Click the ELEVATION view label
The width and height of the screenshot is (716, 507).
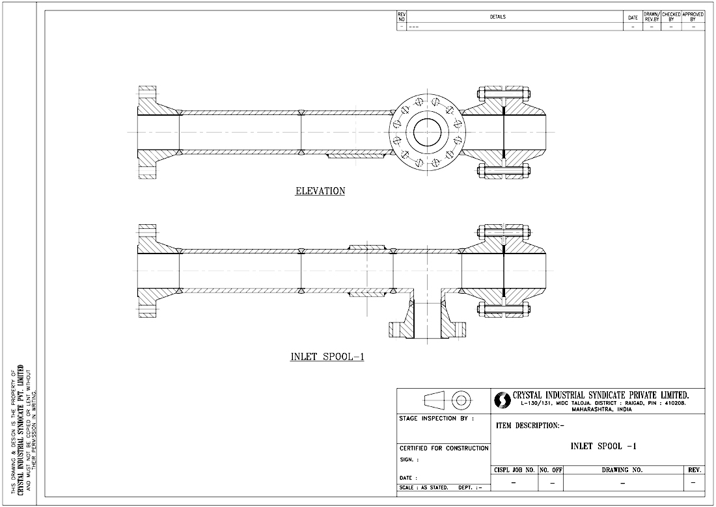click(x=320, y=191)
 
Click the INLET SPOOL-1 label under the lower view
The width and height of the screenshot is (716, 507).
click(x=327, y=356)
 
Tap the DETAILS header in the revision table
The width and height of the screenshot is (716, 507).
click(x=498, y=17)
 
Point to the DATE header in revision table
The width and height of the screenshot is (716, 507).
click(x=633, y=18)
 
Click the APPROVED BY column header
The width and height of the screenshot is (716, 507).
click(x=693, y=17)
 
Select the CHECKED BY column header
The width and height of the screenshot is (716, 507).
click(x=671, y=17)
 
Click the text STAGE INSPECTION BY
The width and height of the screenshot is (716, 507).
click(x=436, y=419)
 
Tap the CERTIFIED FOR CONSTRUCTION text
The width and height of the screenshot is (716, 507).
click(x=443, y=448)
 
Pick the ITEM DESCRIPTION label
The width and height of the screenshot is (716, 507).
click(x=530, y=426)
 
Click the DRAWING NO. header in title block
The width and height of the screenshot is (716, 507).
click(x=624, y=469)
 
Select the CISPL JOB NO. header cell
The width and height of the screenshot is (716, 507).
click(x=514, y=469)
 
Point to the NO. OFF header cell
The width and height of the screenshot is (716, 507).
click(x=551, y=469)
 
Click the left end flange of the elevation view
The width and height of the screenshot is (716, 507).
click(x=148, y=133)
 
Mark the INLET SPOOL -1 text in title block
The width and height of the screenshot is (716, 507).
click(x=603, y=446)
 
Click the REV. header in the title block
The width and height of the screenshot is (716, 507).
click(x=694, y=469)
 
